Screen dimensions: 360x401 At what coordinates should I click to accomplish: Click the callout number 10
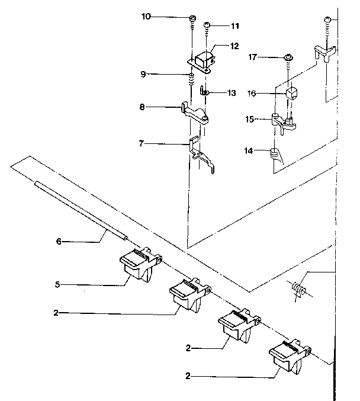146,17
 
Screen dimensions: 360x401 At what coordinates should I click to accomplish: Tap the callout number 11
235,26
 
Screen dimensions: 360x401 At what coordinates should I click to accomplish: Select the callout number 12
234,46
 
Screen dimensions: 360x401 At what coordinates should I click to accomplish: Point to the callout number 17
252,57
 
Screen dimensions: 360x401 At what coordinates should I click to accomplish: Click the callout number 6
59,242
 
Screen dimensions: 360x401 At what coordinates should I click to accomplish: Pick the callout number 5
57,284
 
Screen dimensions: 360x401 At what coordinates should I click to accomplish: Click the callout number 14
249,151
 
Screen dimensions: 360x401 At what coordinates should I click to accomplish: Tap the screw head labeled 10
193,18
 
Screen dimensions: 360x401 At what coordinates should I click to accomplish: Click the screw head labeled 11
207,25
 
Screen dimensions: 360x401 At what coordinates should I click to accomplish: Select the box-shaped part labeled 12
204,61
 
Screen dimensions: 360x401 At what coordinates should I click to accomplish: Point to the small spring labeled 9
191,79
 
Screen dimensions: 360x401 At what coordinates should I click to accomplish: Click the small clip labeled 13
204,91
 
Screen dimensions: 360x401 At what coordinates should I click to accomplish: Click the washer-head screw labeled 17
289,57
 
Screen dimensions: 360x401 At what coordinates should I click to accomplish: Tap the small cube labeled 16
292,94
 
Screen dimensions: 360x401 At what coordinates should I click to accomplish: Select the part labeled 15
283,123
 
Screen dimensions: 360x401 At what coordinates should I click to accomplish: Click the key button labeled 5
141,265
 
